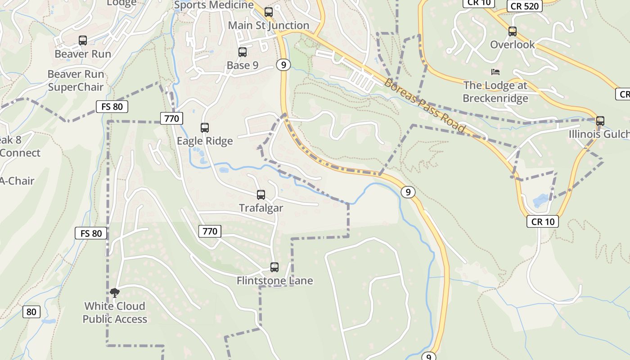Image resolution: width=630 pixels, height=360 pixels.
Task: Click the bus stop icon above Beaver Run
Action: pyautogui.click(x=83, y=40)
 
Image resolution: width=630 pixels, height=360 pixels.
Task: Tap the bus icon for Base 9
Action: pyautogui.click(x=243, y=52)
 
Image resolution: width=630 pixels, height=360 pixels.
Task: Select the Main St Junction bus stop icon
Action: pyautogui.click(x=269, y=12)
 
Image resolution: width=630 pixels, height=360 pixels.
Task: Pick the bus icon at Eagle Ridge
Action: pyautogui.click(x=205, y=128)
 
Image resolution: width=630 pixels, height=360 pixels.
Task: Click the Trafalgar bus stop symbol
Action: pyautogui.click(x=261, y=195)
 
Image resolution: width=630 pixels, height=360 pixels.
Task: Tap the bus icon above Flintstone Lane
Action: pyautogui.click(x=274, y=267)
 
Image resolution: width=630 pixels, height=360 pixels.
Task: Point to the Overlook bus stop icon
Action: pyautogui.click(x=513, y=31)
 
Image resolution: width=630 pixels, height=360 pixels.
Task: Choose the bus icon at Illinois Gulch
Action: pyautogui.click(x=600, y=121)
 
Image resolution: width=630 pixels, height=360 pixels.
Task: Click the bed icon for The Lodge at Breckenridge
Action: pyautogui.click(x=495, y=72)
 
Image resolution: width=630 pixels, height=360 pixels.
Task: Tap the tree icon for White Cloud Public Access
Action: pyautogui.click(x=115, y=293)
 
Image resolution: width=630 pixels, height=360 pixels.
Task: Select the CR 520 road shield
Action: pyautogui.click(x=525, y=6)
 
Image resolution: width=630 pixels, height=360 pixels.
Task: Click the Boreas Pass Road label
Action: pyautogui.click(x=424, y=105)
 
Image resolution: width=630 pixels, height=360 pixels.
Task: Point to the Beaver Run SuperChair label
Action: pyautogui.click(x=76, y=81)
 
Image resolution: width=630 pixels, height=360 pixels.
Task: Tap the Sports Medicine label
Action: pyautogui.click(x=214, y=5)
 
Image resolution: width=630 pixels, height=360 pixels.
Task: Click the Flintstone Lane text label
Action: pyautogui.click(x=274, y=281)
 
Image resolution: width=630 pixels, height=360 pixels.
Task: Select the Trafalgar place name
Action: pyautogui.click(x=261, y=208)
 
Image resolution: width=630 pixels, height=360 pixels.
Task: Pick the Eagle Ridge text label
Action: pyautogui.click(x=205, y=141)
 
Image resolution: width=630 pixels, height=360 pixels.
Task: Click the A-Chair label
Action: pyautogui.click(x=17, y=181)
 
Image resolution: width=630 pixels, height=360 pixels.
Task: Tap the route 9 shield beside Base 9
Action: pyautogui.click(x=283, y=65)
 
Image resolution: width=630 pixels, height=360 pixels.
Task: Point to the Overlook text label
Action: pyautogui.click(x=513, y=45)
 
